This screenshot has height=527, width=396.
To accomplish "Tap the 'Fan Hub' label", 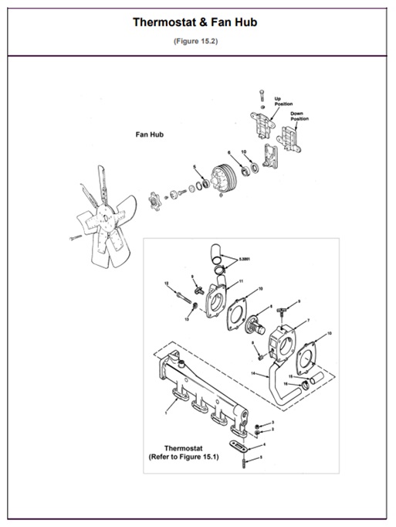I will (x=150, y=134).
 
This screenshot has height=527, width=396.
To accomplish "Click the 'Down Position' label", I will (x=300, y=116).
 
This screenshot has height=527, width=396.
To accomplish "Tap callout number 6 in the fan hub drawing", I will (x=229, y=151).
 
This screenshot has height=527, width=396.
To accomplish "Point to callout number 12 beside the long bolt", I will (x=167, y=284).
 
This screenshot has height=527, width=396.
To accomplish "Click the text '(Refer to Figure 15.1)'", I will (x=184, y=457).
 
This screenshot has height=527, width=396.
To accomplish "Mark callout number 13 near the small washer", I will (x=186, y=317).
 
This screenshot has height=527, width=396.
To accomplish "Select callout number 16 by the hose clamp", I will (x=286, y=383).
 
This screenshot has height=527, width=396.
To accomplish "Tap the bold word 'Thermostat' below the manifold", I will (x=183, y=447).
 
